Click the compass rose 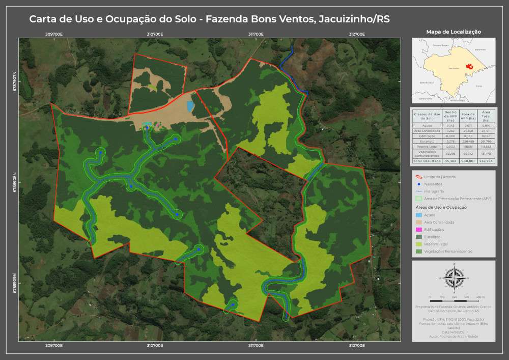pyautogui.click(x=454, y=278)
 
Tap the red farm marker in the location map pyautogui.click(x=469, y=66)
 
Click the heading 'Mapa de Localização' pyautogui.click(x=453, y=32)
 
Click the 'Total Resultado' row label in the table pyautogui.click(x=427, y=160)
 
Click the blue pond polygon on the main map pyautogui.click(x=190, y=106)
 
